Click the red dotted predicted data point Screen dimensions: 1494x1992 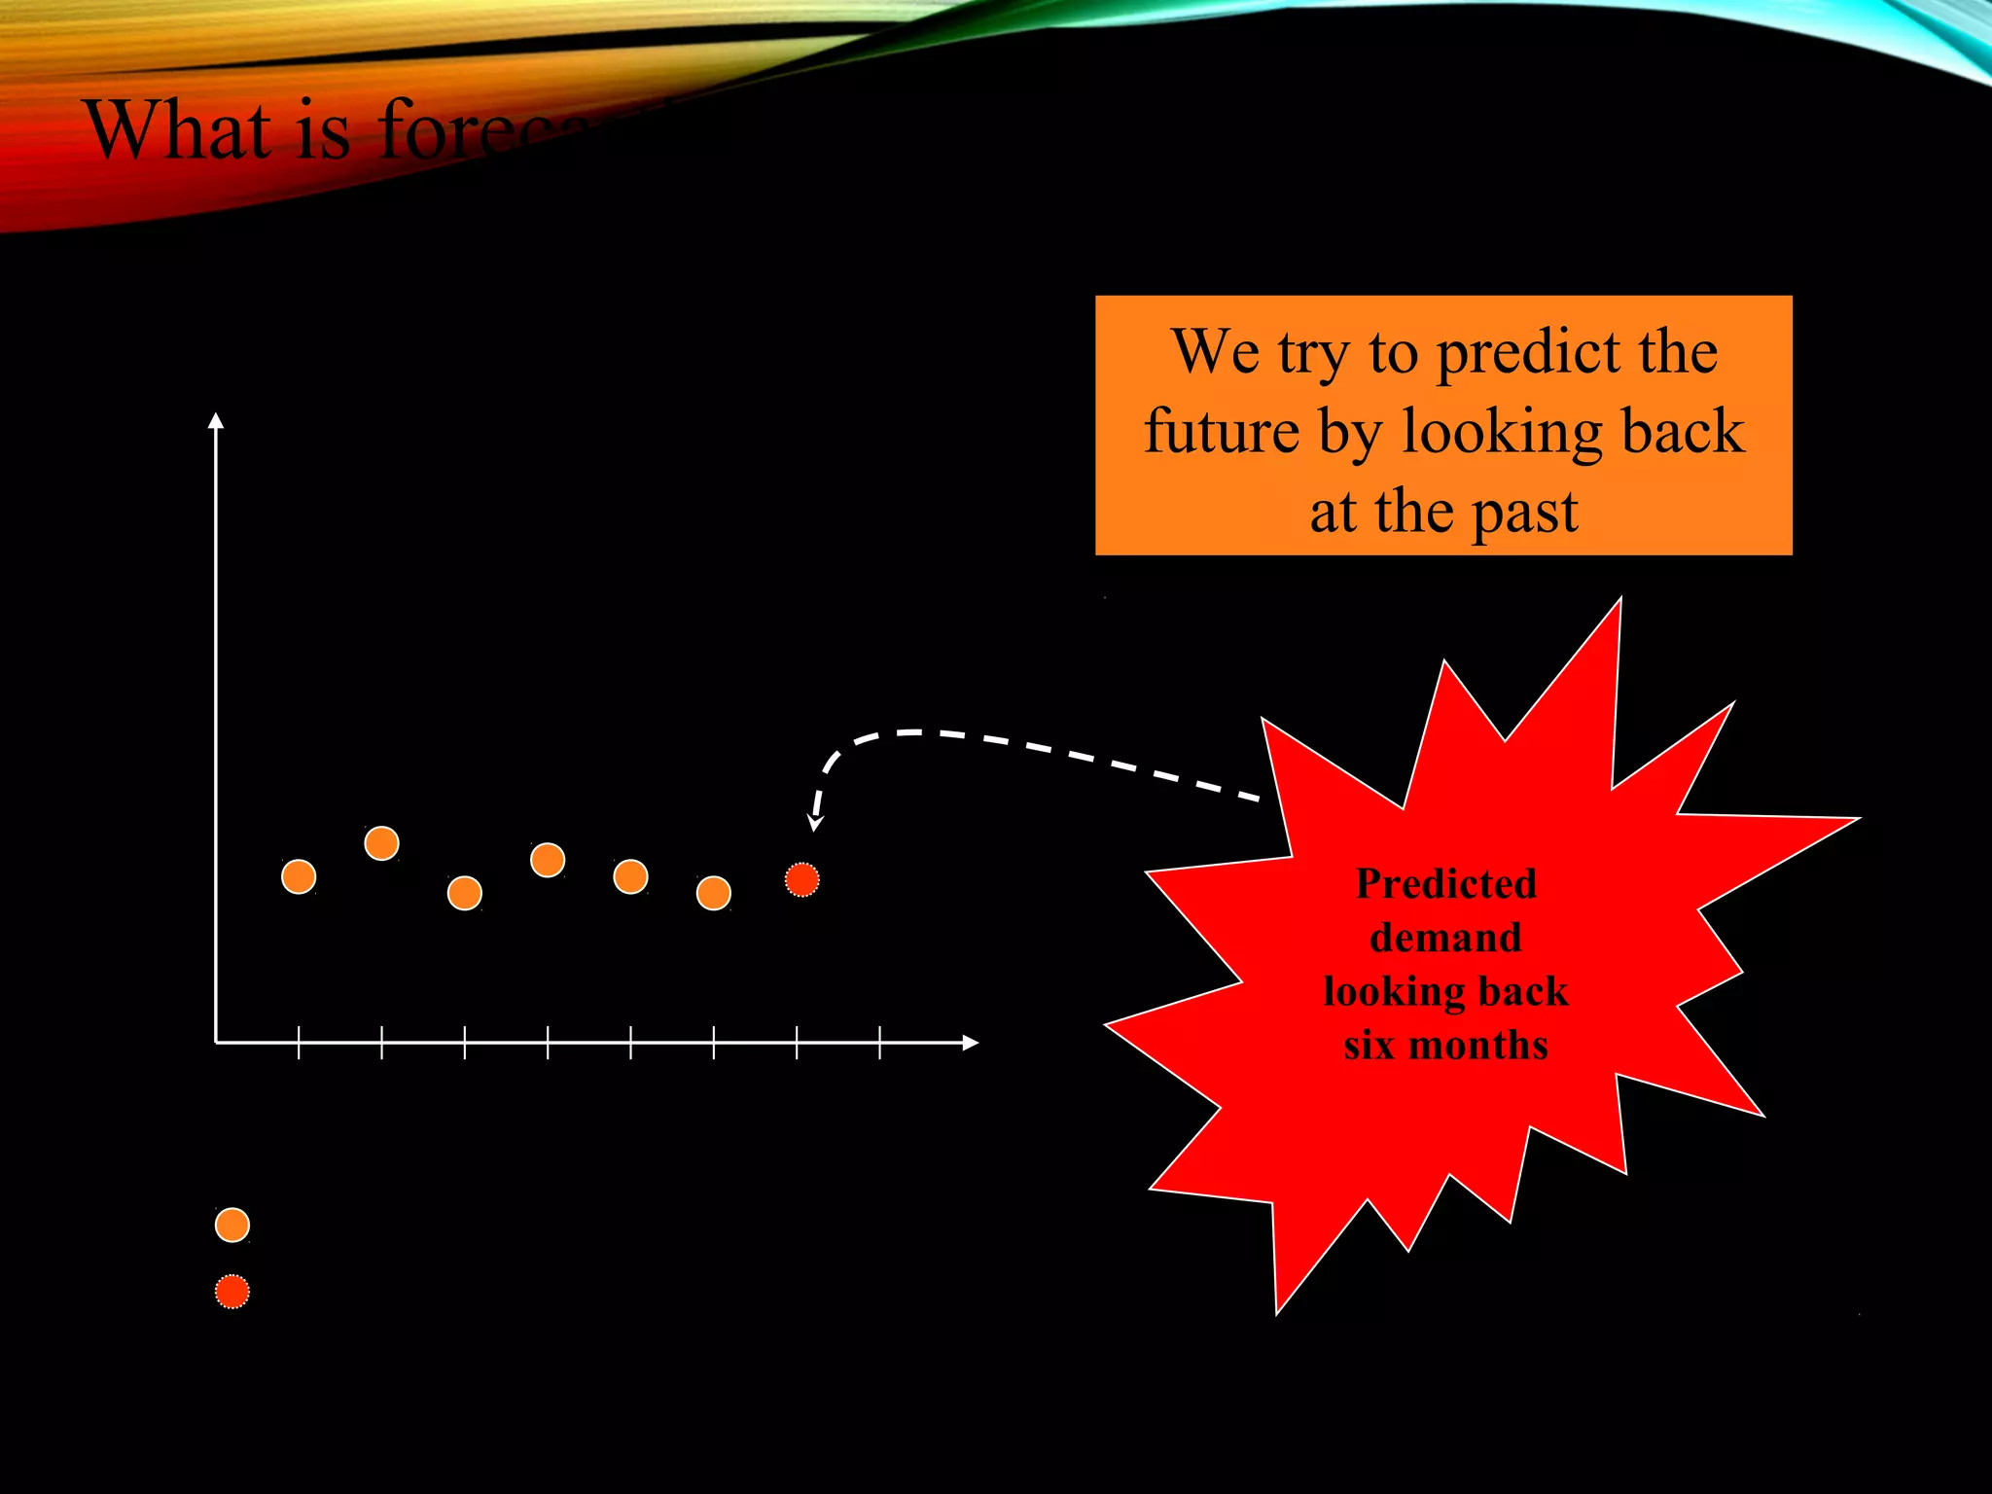tap(802, 879)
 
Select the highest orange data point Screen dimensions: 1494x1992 tap(381, 843)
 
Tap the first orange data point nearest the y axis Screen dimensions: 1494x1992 tap(299, 876)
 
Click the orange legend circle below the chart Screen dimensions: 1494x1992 tap(232, 1225)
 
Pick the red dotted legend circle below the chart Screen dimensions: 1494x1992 tap(232, 1292)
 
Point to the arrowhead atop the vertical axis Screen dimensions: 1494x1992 tap(216, 420)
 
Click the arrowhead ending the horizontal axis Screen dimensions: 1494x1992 tap(970, 1043)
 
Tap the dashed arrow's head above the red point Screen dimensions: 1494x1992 tap(816, 824)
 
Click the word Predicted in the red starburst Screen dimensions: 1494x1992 tap(1445, 884)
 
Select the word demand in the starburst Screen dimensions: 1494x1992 tap(1445, 938)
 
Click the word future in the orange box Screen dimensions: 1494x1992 tap(1222, 431)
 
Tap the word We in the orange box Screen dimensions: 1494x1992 tap(1215, 351)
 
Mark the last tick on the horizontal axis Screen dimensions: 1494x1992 tap(879, 1043)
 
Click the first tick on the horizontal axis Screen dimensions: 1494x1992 tap(299, 1043)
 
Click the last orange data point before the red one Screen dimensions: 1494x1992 tap(714, 893)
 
